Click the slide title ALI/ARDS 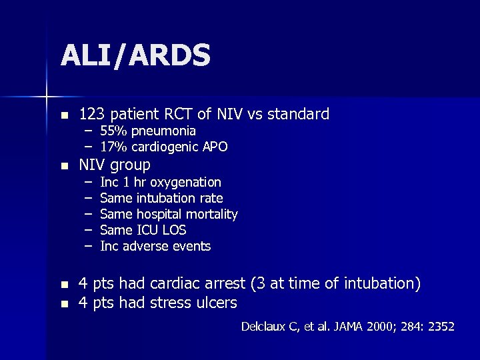point(135,56)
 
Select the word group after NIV point(131,165)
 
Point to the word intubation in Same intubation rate point(167,198)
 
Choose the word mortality point(212,214)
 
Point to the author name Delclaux point(264,327)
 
